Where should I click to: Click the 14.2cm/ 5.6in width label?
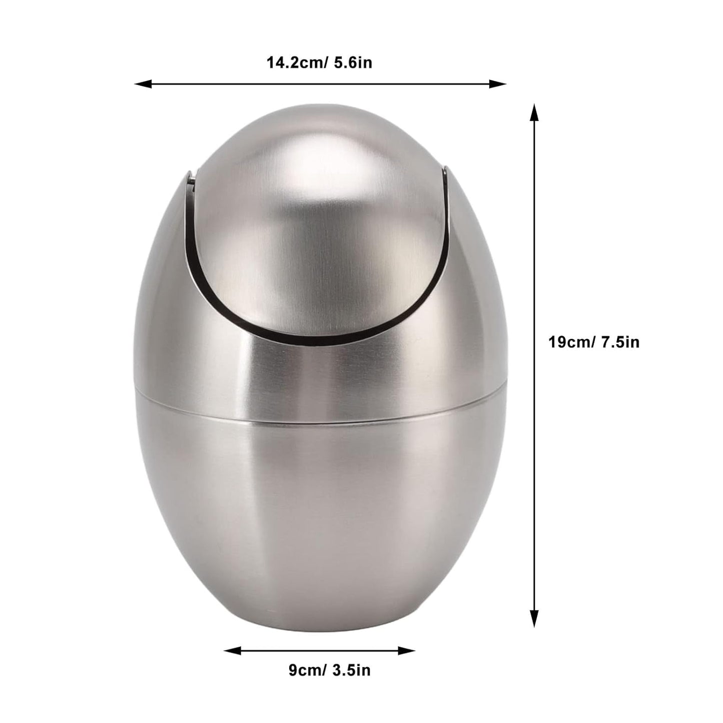click(319, 63)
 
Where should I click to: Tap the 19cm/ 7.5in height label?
click(594, 342)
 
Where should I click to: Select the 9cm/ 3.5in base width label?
click(330, 670)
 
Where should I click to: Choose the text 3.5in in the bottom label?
click(352, 670)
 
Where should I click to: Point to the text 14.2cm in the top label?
click(293, 63)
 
